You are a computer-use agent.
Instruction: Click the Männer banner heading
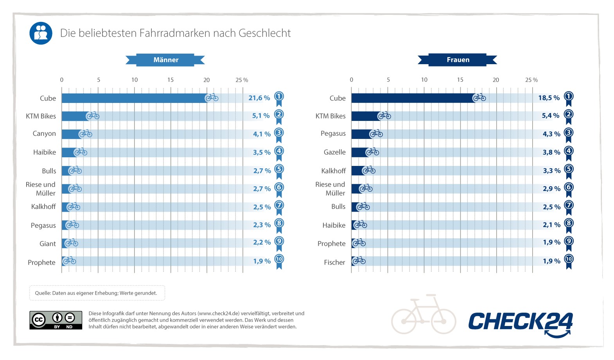[165, 60]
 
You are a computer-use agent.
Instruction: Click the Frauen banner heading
[458, 60]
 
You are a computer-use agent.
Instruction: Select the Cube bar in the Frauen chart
[413, 98]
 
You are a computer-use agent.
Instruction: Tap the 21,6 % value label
[259, 98]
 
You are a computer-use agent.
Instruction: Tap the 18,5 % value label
[549, 98]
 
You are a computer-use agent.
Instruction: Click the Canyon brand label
[44, 133]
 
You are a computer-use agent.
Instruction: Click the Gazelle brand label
[334, 152]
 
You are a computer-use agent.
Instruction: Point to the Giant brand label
[48, 244]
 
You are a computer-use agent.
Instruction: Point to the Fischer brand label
[334, 262]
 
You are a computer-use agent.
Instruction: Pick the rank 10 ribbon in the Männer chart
[279, 261]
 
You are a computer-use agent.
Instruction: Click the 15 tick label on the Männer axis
[171, 80]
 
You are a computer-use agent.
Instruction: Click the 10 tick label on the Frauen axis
[424, 80]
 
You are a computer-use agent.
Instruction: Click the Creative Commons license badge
[56, 320]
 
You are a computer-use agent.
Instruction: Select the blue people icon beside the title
[41, 33]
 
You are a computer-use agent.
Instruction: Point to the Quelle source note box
[97, 293]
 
